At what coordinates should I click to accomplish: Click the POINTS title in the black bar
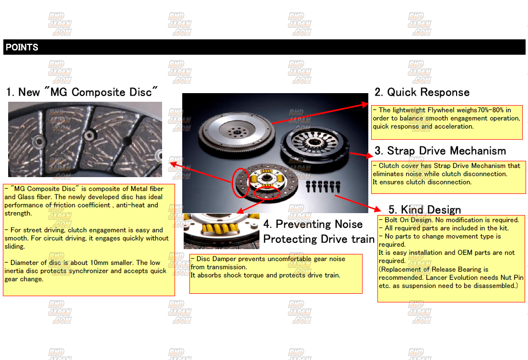[22, 47]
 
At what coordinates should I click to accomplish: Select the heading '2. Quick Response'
[422, 92]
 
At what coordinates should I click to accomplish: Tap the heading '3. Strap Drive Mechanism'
[440, 151]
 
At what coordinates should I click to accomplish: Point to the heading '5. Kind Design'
[424, 210]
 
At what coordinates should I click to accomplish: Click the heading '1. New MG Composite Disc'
[82, 92]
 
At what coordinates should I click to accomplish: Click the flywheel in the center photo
[237, 132]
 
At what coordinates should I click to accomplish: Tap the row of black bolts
[323, 186]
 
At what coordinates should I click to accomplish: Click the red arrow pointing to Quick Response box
[320, 114]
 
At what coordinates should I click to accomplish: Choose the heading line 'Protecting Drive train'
[318, 239]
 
